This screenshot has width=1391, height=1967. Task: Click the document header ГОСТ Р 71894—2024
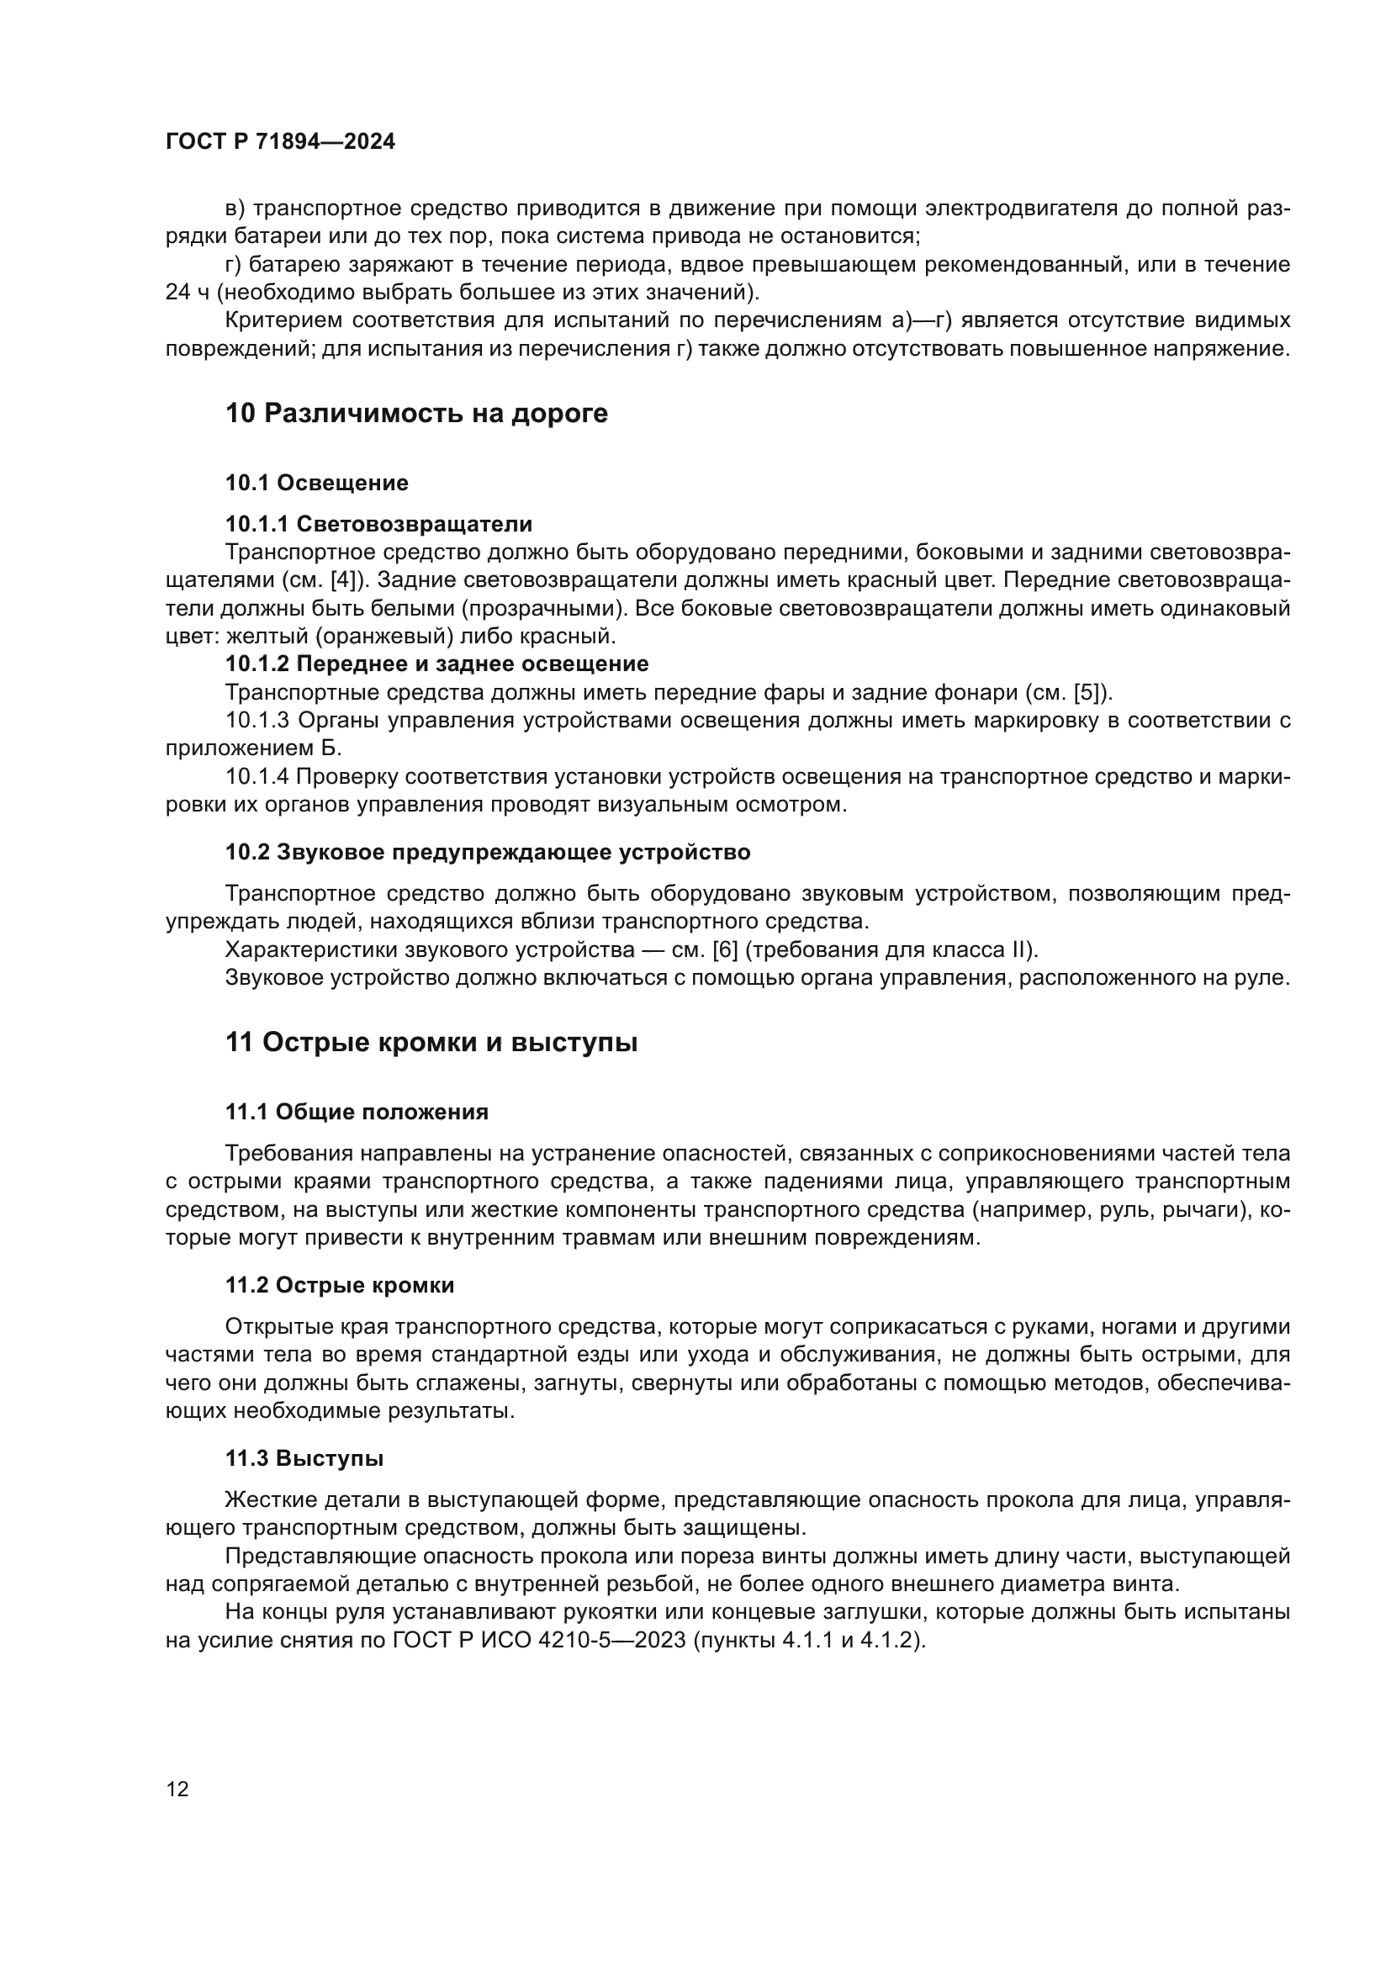click(x=280, y=142)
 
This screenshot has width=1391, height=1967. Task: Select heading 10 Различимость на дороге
click(x=416, y=414)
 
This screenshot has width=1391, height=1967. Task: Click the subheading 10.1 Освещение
click(x=317, y=484)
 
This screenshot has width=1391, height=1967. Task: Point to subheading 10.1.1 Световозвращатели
click(x=378, y=524)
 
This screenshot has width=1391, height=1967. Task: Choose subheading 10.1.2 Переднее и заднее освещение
click(x=436, y=664)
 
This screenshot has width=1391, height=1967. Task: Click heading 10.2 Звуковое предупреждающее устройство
click(x=488, y=853)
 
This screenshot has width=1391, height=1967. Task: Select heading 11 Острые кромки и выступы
click(x=431, y=1043)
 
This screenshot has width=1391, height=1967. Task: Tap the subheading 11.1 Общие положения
click(x=357, y=1113)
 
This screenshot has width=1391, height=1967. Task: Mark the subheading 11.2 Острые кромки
click(x=339, y=1286)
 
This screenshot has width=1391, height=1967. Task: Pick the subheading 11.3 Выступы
click(x=304, y=1459)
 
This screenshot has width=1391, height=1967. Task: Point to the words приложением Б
click(x=253, y=748)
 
